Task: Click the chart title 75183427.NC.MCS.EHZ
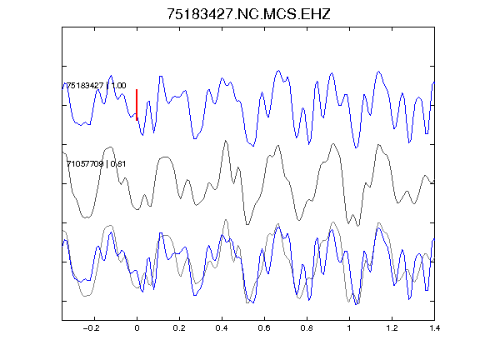point(248,14)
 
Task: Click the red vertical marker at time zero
point(137,105)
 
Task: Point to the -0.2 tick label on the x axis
point(92,328)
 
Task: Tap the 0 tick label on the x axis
point(137,328)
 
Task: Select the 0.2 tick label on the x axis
point(179,328)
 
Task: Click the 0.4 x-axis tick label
point(222,328)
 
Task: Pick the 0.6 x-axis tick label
point(264,328)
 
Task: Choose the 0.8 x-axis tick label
point(307,328)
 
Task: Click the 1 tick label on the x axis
point(349,328)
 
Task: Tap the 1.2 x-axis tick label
point(392,328)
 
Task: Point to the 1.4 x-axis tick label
point(434,328)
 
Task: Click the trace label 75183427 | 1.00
point(96,85)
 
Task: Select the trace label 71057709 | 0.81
point(96,164)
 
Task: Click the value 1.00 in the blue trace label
point(118,85)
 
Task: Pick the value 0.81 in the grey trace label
point(118,164)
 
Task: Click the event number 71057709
point(85,164)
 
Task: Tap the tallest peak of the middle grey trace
point(226,141)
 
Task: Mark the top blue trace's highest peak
point(278,71)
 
